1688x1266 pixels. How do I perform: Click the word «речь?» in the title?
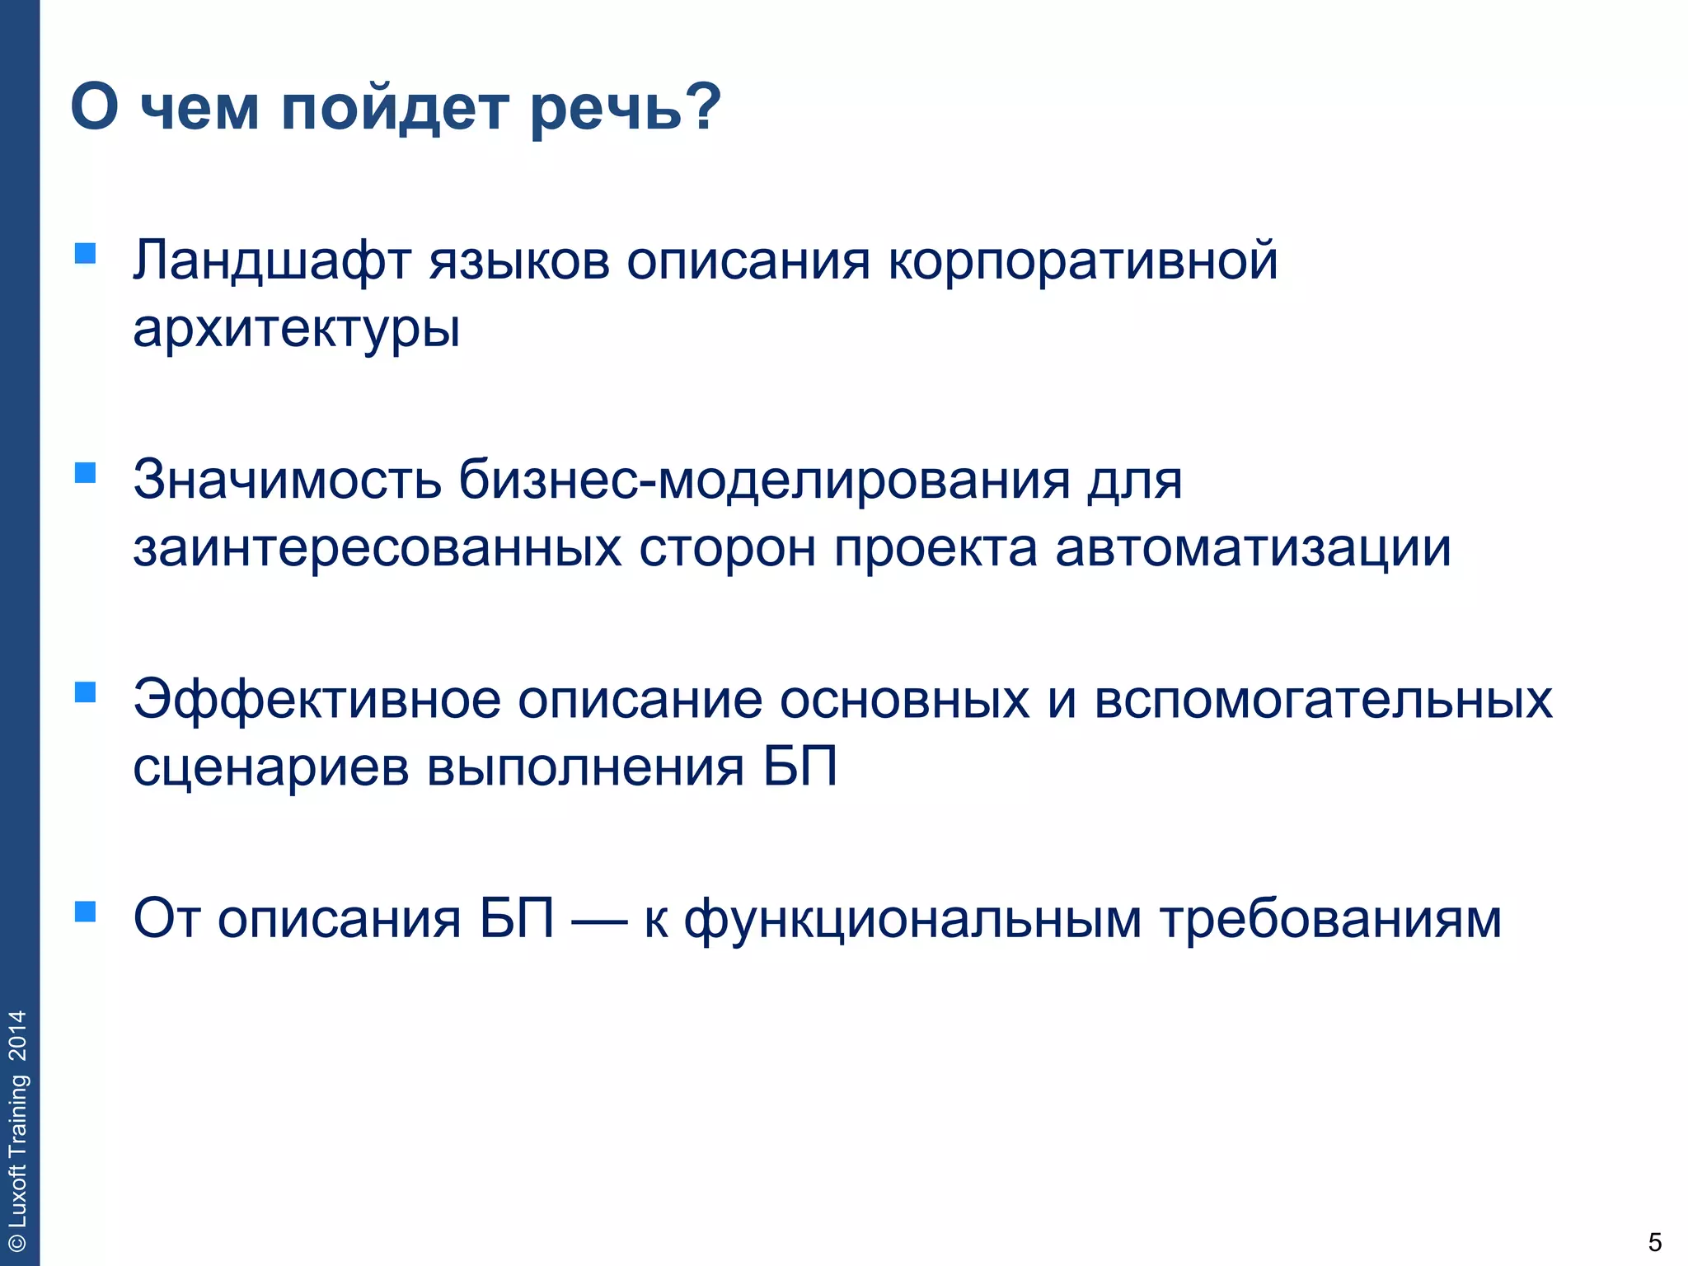[x=625, y=109]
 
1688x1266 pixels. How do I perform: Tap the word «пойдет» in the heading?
[x=395, y=109]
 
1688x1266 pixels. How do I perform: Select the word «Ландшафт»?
[x=272, y=262]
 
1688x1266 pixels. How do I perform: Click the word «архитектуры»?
[x=296, y=330]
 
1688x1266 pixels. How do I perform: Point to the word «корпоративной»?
[x=1082, y=262]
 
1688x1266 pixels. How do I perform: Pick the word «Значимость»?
[x=287, y=480]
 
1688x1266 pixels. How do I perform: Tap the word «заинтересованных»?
[x=377, y=548]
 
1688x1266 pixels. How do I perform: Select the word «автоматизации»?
[x=1253, y=548]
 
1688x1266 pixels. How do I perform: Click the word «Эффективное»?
[x=317, y=700]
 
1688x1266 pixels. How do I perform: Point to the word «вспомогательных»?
[x=1323, y=700]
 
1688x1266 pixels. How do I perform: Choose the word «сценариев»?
[x=271, y=767]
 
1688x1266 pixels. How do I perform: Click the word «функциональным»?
[x=913, y=920]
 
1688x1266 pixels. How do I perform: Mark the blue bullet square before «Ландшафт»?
[x=85, y=253]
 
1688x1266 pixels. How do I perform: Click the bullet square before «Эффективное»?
[x=85, y=692]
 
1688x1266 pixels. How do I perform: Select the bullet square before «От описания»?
[x=85, y=911]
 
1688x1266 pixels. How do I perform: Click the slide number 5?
[x=1654, y=1242]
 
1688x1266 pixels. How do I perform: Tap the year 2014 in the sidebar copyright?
[x=18, y=1035]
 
